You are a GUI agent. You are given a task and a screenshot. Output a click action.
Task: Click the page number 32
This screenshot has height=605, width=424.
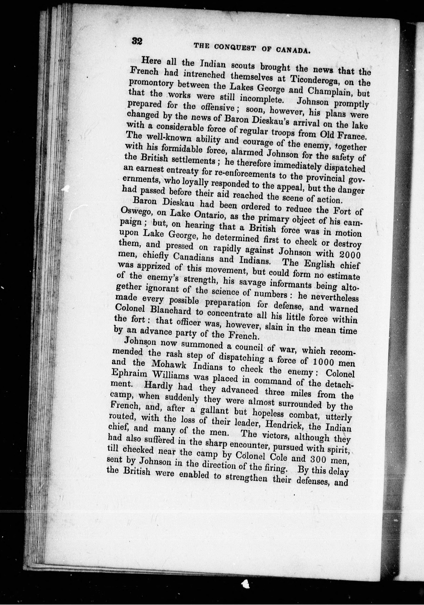click(x=137, y=42)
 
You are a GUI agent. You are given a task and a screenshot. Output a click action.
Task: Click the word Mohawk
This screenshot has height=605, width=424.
click(x=163, y=365)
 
